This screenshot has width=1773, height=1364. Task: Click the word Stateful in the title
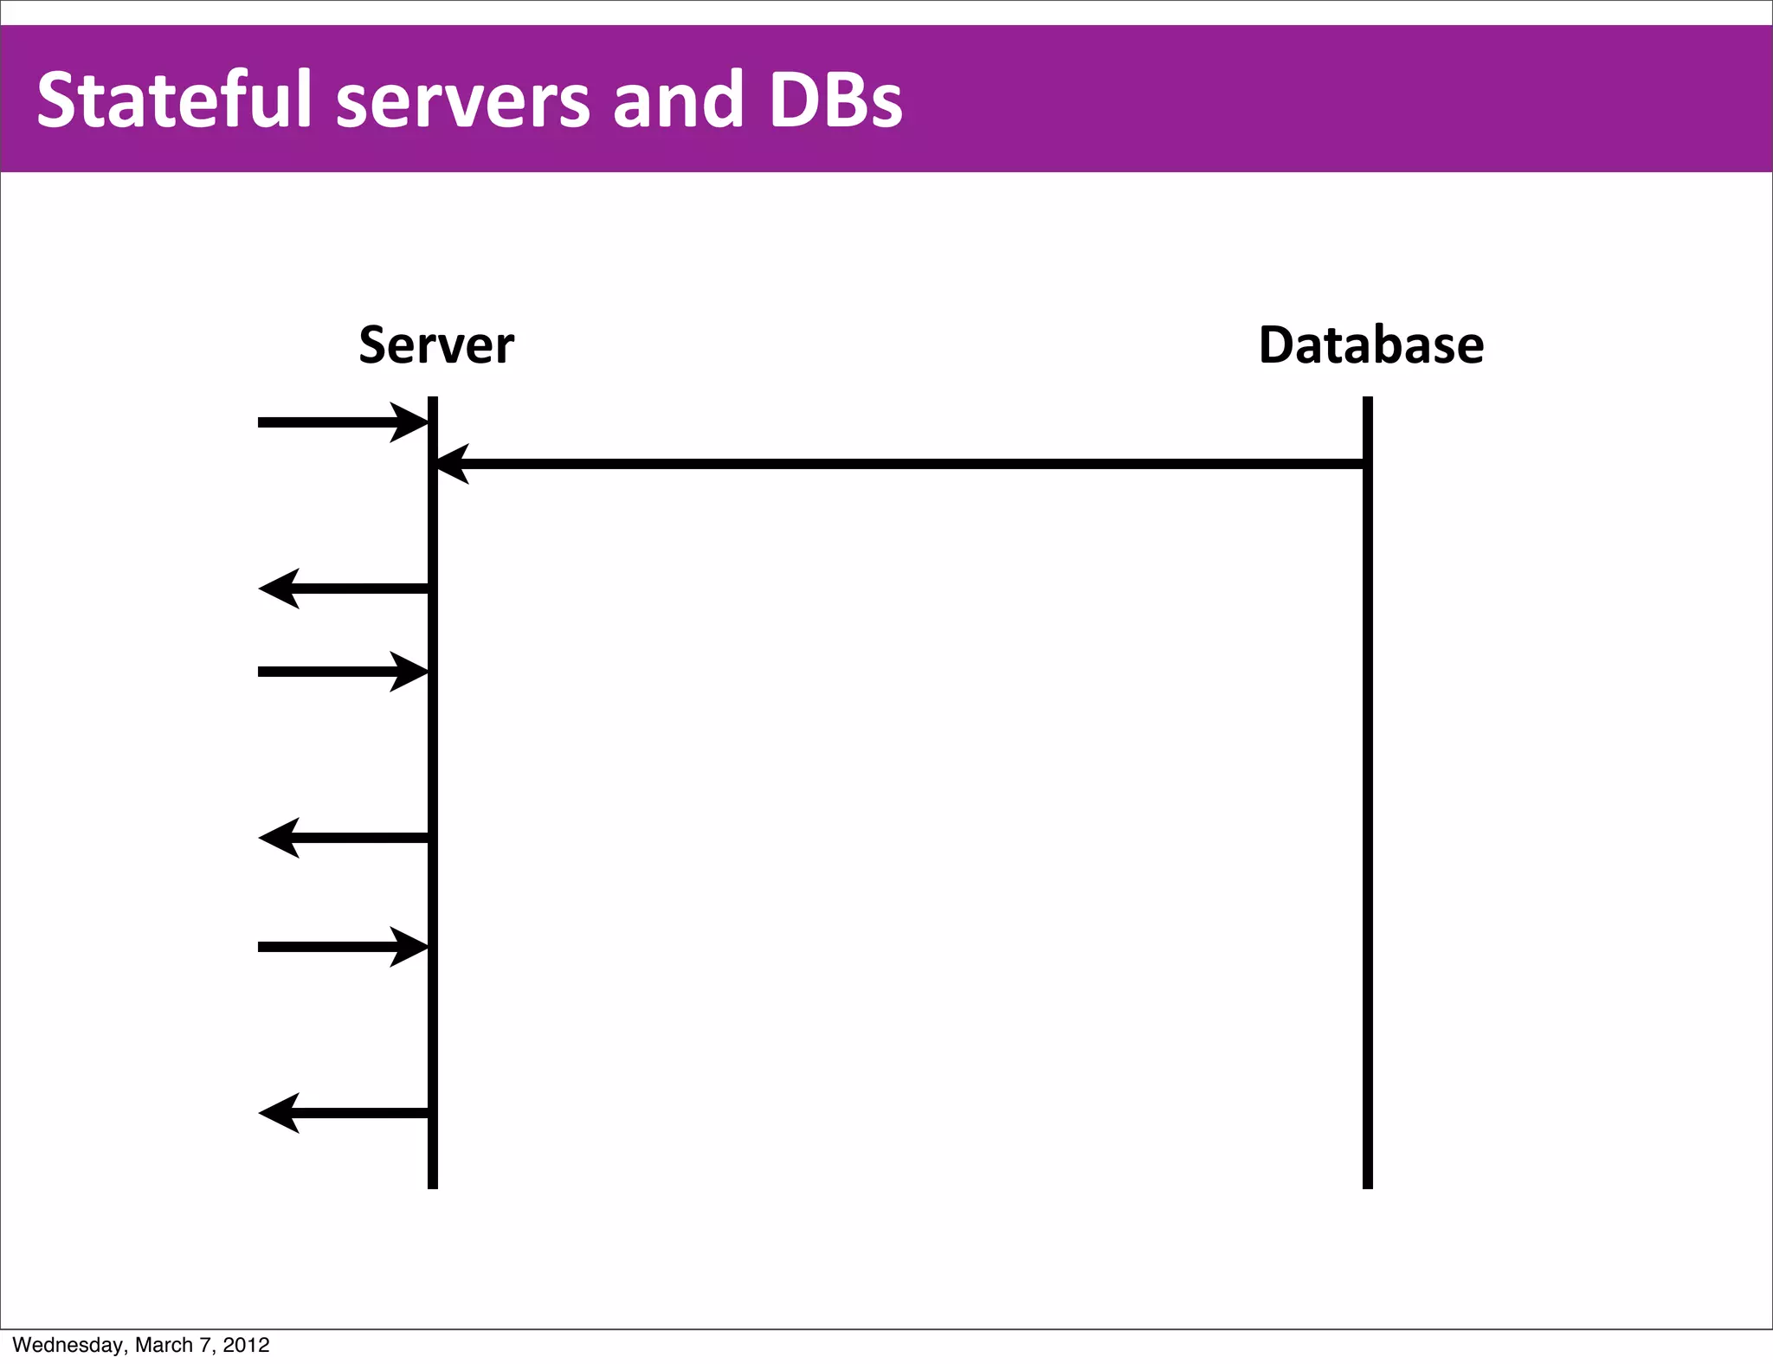click(173, 100)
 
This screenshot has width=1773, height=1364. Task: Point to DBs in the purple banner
click(835, 100)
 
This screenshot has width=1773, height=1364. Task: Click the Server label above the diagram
click(436, 345)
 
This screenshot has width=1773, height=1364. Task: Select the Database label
click(1370, 345)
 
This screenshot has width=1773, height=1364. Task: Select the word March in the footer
click(164, 1345)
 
